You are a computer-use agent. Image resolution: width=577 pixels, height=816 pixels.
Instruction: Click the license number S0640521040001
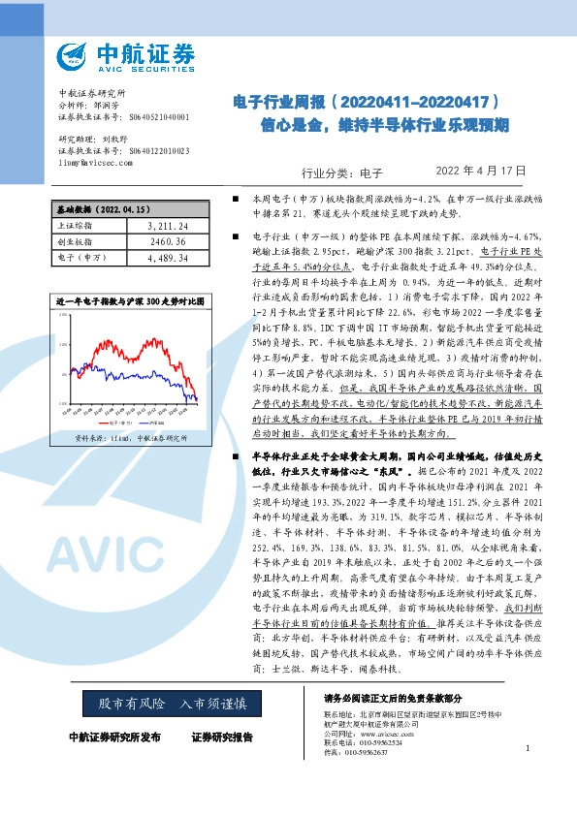pyautogui.click(x=158, y=116)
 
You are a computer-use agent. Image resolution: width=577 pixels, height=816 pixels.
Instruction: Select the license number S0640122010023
pyautogui.click(x=158, y=152)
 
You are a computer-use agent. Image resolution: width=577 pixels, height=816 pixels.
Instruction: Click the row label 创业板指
pyautogui.click(x=76, y=241)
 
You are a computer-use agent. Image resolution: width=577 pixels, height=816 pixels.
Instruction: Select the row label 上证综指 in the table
pyautogui.click(x=76, y=225)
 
